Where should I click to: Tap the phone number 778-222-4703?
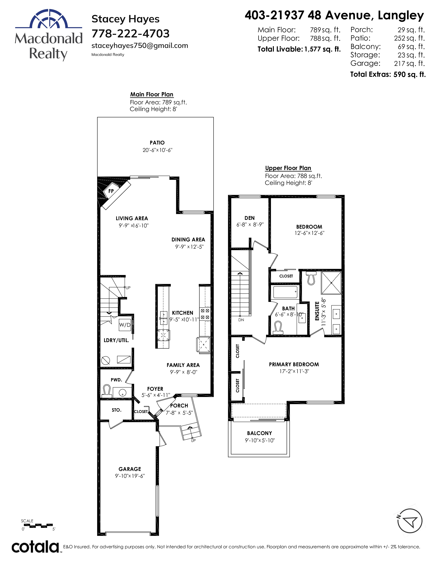[x=131, y=34]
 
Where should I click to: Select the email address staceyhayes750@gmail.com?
[x=140, y=46]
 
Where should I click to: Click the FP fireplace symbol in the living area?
[x=111, y=191]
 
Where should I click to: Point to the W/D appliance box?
[x=125, y=325]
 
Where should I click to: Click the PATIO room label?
[x=157, y=143]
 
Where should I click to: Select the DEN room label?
[x=250, y=218]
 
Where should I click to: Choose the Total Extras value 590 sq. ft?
[x=409, y=74]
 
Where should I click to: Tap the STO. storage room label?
[x=116, y=410]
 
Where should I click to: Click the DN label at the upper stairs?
[x=241, y=320]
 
